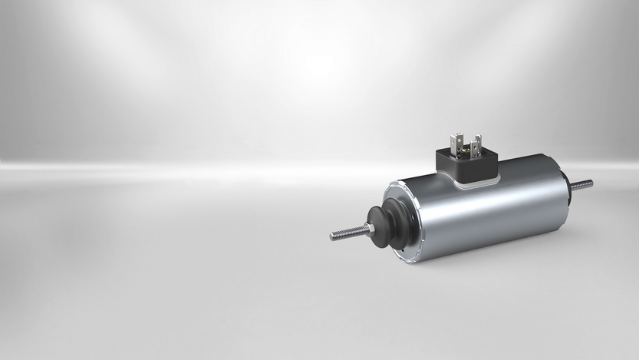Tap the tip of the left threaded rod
click(x=332, y=236)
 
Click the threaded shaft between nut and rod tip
click(x=350, y=233)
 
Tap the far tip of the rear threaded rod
click(x=592, y=183)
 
